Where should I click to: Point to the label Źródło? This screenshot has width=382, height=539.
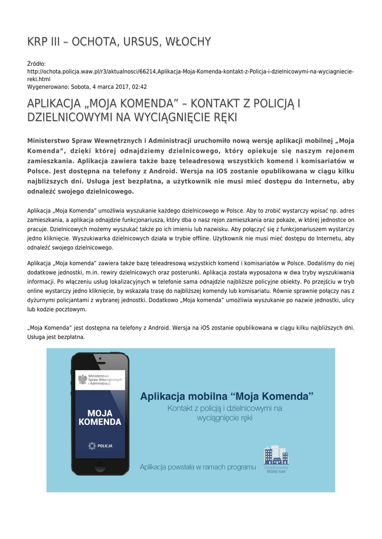pos(37,64)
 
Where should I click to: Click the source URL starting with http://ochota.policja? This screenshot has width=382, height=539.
pos(190,71)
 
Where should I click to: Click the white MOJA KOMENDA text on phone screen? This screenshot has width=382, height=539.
pos(100,417)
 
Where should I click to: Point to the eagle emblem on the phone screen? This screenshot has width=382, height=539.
pos(82,379)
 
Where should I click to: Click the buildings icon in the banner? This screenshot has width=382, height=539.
pos(276,455)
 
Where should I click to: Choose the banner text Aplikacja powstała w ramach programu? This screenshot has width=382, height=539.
pos(198,467)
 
